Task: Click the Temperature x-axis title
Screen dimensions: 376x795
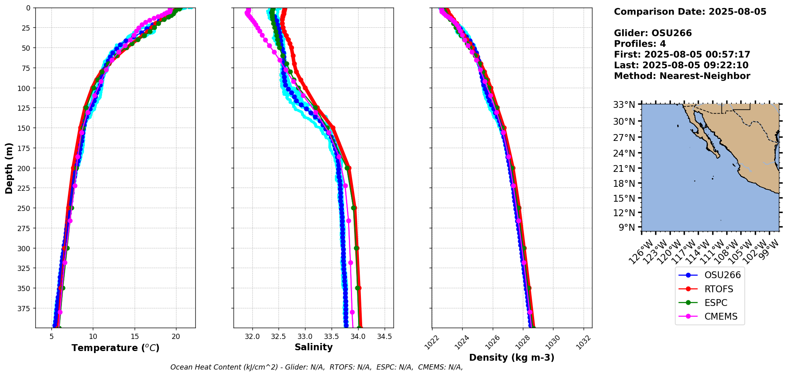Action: click(115, 348)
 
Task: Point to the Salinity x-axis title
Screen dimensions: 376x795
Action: click(313, 347)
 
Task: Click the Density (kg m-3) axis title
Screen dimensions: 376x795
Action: click(512, 357)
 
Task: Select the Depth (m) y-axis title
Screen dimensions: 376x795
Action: click(9, 168)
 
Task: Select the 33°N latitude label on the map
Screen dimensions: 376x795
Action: click(624, 105)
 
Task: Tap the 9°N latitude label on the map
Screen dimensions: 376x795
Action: click(627, 227)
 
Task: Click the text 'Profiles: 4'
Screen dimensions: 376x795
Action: click(640, 44)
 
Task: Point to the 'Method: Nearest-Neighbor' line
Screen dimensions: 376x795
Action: click(682, 76)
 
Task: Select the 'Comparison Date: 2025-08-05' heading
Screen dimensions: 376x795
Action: click(690, 12)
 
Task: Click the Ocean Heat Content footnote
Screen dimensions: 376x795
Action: click(316, 367)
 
